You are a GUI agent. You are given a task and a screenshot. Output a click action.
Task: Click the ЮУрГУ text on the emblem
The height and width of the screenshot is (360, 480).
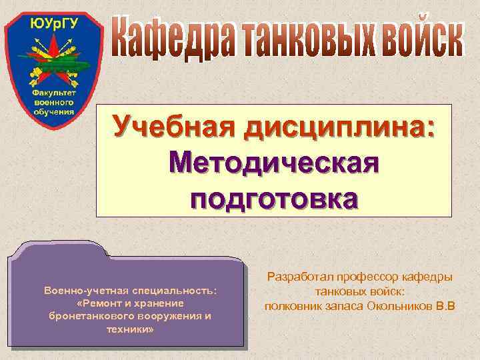[x=54, y=25]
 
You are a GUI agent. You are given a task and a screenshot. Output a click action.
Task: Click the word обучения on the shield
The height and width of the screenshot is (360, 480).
[x=54, y=111]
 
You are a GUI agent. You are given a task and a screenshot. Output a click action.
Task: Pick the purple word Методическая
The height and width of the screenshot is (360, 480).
[x=274, y=162]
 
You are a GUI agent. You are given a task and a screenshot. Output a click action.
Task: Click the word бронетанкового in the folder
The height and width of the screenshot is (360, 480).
[x=86, y=315]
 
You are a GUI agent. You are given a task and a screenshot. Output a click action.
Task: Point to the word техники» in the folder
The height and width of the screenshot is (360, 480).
[x=129, y=327]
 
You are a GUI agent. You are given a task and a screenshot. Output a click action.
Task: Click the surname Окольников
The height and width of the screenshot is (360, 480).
[x=393, y=306]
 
